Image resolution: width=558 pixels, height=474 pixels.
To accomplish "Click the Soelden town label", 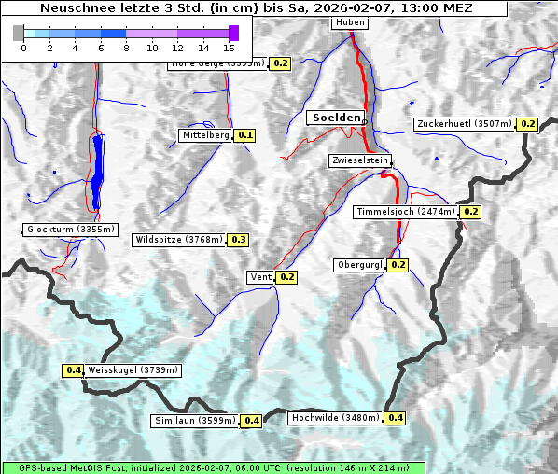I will pyautogui.click(x=335, y=118).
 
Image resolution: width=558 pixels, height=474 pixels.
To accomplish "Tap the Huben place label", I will pyautogui.click(x=350, y=21).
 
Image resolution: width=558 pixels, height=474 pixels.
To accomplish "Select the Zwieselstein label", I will pyautogui.click(x=359, y=160).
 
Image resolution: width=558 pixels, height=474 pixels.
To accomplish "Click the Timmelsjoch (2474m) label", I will pyautogui.click(x=407, y=212).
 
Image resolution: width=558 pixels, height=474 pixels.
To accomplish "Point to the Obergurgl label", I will pyautogui.click(x=359, y=265).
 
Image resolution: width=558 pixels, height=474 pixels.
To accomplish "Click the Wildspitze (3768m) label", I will pyautogui.click(x=179, y=240).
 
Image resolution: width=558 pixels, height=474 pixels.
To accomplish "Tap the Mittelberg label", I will pyautogui.click(x=205, y=135).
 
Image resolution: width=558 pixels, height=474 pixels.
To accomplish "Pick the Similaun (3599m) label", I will pyautogui.click(x=194, y=421).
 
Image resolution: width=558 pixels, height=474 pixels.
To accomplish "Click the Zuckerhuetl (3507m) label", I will pyautogui.click(x=465, y=124).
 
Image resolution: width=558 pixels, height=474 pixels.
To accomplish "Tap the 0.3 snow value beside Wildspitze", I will pyautogui.click(x=239, y=240).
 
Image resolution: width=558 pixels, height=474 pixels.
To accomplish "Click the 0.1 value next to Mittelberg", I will pyautogui.click(x=244, y=135).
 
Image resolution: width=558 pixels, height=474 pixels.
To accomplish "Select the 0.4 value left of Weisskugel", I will pyautogui.click(x=73, y=370).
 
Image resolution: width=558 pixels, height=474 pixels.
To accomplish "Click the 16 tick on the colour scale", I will pyautogui.click(x=229, y=47).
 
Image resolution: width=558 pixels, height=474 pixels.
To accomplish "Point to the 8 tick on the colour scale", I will pyautogui.click(x=126, y=47).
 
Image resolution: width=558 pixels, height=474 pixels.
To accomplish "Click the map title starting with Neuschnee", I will pyautogui.click(x=256, y=7).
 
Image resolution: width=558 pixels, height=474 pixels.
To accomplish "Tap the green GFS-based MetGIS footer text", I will pyautogui.click(x=214, y=467).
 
